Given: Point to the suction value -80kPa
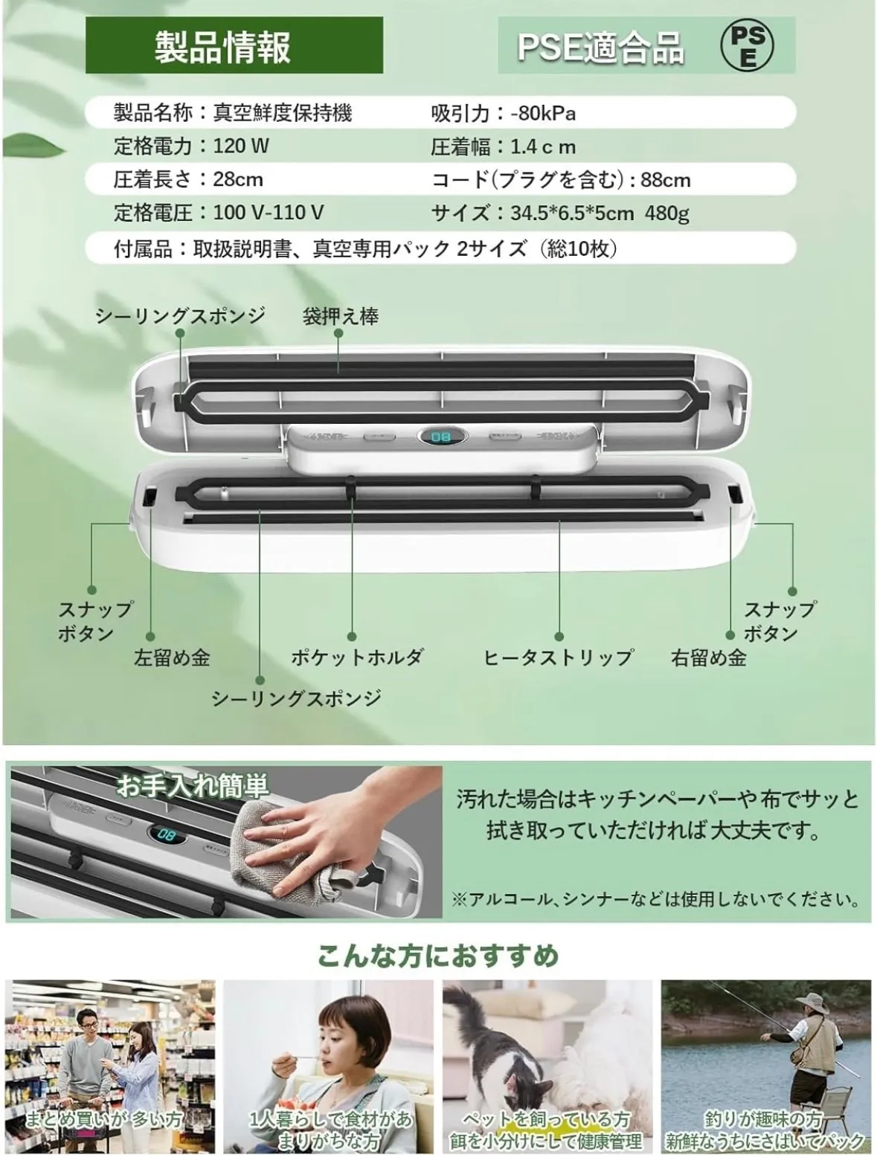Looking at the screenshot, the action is (x=543, y=113).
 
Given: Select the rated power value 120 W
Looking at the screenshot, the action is (x=241, y=146).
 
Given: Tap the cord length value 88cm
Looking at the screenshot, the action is (x=666, y=180).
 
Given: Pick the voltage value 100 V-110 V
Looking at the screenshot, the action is (x=269, y=213).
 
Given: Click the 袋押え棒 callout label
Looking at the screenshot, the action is (x=341, y=316).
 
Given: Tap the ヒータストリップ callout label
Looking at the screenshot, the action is (x=558, y=657).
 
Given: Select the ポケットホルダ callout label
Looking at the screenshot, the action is (x=357, y=657).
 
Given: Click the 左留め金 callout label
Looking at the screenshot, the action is (x=172, y=657).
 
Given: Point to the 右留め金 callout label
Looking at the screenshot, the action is (x=709, y=657).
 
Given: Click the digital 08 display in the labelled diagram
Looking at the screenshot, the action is (x=440, y=437).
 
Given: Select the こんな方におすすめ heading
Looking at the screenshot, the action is (x=438, y=956).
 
